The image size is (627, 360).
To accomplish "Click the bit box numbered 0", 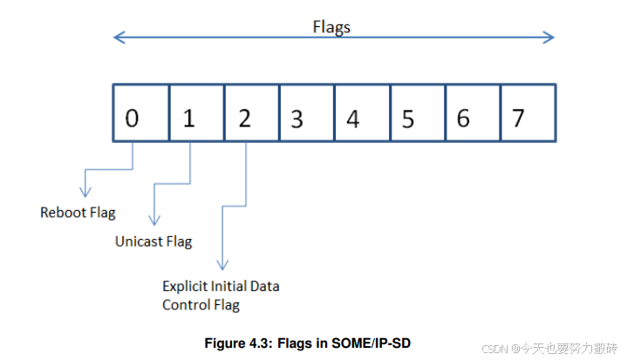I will [140, 112].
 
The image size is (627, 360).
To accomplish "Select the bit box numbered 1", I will [196, 112].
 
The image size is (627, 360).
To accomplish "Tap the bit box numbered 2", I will [251, 112].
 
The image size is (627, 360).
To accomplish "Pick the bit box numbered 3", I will [306, 112].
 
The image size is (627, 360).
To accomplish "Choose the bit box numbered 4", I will [362, 112].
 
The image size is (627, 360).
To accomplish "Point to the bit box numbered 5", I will [417, 112].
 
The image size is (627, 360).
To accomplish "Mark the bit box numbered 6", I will [472, 112].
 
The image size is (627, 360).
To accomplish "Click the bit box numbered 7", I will [528, 112].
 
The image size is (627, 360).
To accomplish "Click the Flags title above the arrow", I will [331, 27].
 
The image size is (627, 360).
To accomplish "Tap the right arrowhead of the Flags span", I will [549, 37].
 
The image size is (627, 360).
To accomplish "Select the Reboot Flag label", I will [78, 213].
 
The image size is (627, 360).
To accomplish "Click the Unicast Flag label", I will [153, 241].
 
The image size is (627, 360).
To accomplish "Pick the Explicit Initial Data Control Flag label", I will [221, 295].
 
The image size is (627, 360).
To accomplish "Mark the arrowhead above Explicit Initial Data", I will [224, 264].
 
